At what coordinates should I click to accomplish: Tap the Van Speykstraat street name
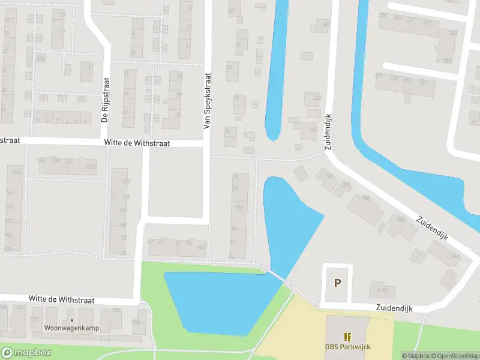click(208, 101)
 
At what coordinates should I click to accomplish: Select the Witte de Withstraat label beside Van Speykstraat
click(138, 143)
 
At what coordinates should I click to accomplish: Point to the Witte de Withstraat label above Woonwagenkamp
click(62, 299)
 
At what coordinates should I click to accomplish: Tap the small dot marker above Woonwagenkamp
click(71, 320)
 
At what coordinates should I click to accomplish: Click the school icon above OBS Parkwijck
click(346, 337)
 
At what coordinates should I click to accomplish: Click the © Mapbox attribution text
click(416, 356)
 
